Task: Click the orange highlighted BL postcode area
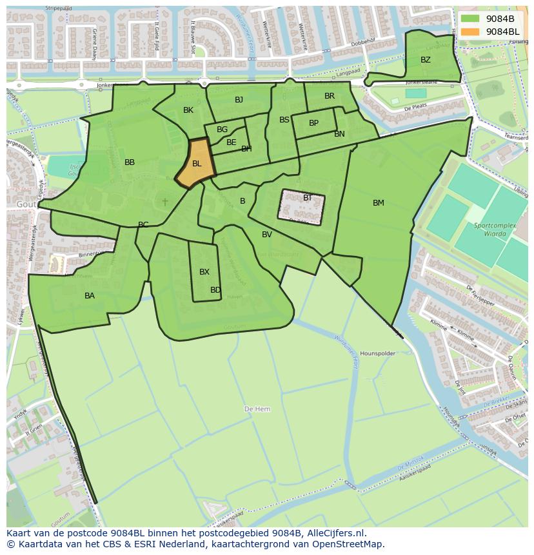(x=197, y=164)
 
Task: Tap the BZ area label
(x=426, y=60)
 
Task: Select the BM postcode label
(x=379, y=203)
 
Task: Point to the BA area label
(x=90, y=296)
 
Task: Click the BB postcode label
(x=130, y=162)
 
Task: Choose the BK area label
(x=188, y=110)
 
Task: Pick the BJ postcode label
(x=239, y=99)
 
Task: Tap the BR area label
(x=330, y=96)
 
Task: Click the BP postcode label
(x=313, y=123)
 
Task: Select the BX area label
(x=204, y=272)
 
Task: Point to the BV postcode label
(x=267, y=235)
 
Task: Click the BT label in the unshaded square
(x=308, y=198)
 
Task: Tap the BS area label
(x=284, y=120)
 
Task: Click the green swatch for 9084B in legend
(x=470, y=19)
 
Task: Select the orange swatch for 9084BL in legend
(x=470, y=32)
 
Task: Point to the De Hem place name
(x=257, y=409)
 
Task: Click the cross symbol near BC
(x=165, y=202)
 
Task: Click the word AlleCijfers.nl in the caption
(x=337, y=533)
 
